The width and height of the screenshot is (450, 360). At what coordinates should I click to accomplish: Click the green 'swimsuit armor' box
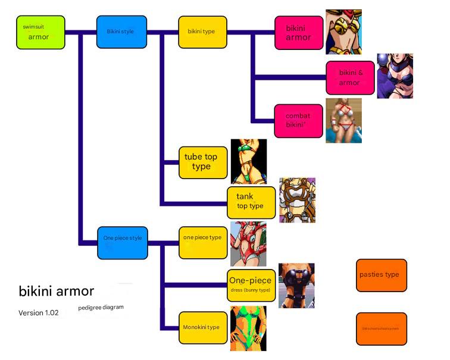click(x=39, y=32)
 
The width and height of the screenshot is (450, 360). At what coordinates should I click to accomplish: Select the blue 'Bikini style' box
click(x=121, y=32)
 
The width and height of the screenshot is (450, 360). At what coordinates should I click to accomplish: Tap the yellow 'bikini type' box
click(x=202, y=32)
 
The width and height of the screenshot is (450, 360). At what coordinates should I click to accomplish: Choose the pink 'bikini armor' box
click(x=299, y=32)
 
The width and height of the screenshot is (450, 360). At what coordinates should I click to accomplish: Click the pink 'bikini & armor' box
click(x=351, y=77)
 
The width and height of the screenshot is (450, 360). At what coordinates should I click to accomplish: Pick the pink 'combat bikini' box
click(x=299, y=120)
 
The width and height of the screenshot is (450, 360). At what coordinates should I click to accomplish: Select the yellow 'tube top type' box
click(x=203, y=162)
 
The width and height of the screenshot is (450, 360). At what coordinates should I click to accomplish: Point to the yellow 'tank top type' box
click(x=251, y=202)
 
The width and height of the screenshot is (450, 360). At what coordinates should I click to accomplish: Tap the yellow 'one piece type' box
click(x=203, y=242)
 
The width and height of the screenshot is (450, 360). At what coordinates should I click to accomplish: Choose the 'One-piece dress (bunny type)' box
click(x=251, y=285)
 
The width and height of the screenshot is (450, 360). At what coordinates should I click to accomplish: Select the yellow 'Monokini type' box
click(x=203, y=327)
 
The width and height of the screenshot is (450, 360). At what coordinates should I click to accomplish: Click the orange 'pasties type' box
click(x=381, y=275)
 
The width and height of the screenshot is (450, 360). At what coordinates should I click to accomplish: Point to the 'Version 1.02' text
click(x=39, y=313)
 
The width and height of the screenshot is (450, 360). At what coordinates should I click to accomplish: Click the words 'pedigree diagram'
click(x=101, y=308)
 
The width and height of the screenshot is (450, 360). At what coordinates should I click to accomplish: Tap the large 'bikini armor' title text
click(x=57, y=291)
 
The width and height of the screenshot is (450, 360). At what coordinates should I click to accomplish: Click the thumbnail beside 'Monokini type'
click(x=248, y=328)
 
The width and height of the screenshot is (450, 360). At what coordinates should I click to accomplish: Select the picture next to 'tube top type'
click(x=248, y=161)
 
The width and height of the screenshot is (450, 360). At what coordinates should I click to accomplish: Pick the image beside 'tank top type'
click(x=297, y=200)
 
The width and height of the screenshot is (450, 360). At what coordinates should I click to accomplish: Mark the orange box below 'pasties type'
click(x=381, y=328)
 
